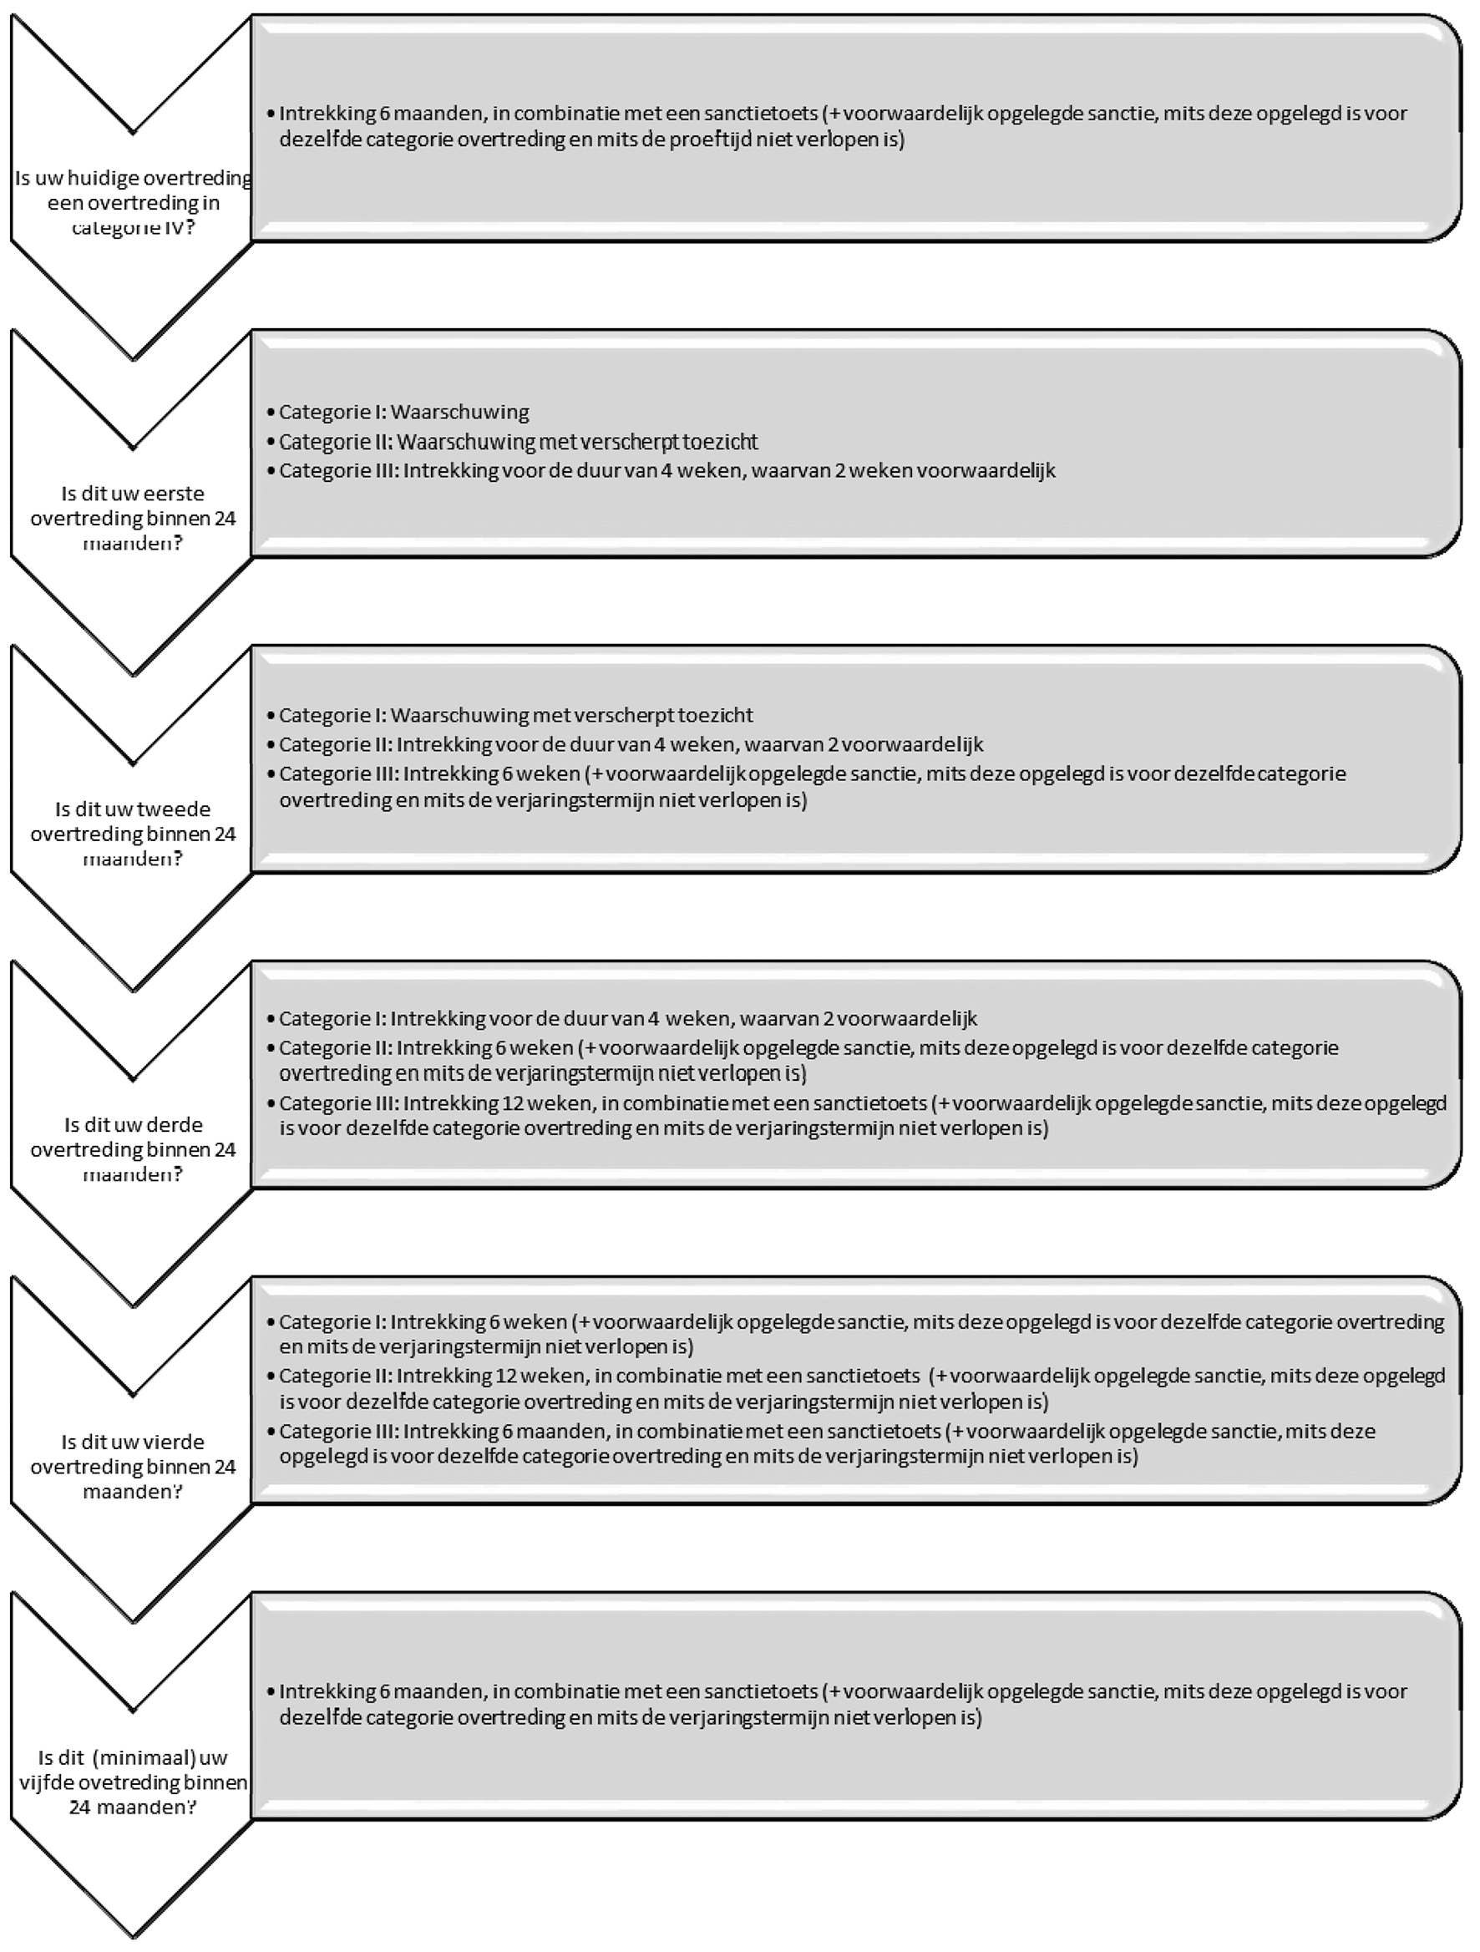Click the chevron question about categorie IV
pos(132,203)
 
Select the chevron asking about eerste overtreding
pos(132,518)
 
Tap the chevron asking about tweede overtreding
pos(132,834)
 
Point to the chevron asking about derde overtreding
pos(132,1150)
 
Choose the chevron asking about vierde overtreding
pos(132,1467)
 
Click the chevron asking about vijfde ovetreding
pos(132,1782)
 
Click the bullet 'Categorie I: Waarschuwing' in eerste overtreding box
pos(404,412)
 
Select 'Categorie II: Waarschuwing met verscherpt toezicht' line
pos(518,441)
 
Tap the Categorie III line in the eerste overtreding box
pos(667,470)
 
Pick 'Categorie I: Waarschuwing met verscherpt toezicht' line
pos(516,715)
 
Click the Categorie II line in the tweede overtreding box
pos(631,744)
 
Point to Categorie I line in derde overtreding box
pos(628,1018)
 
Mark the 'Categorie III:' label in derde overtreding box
pos(338,1103)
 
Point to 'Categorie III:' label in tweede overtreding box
pos(338,774)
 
